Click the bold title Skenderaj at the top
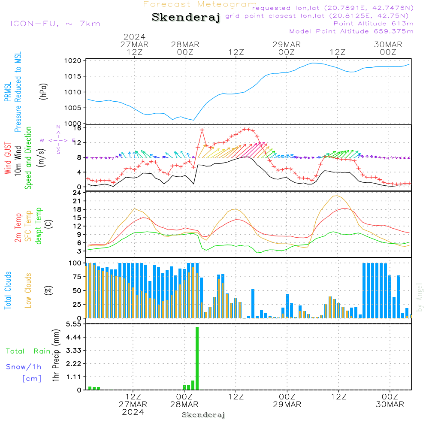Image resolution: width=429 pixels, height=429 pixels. point(186,18)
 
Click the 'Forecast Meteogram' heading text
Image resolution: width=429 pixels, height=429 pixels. point(199,4)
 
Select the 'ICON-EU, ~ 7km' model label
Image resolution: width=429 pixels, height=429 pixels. point(55,24)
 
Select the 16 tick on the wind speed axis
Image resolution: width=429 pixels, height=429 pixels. point(77,128)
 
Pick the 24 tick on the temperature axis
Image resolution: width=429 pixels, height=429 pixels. point(77,193)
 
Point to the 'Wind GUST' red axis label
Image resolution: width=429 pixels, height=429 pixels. point(8,158)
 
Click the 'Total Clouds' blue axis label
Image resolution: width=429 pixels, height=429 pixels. point(8,290)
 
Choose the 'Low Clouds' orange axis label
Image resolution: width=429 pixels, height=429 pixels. point(28,290)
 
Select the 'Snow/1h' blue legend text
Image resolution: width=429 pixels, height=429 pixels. point(24,367)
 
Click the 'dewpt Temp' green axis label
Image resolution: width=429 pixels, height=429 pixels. point(39,226)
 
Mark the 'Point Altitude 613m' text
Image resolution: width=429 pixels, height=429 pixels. point(373,24)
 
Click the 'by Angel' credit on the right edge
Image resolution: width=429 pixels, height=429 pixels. point(420,297)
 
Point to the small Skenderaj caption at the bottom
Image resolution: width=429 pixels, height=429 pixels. point(203,415)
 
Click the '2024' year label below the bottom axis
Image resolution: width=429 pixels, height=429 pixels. point(133,411)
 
